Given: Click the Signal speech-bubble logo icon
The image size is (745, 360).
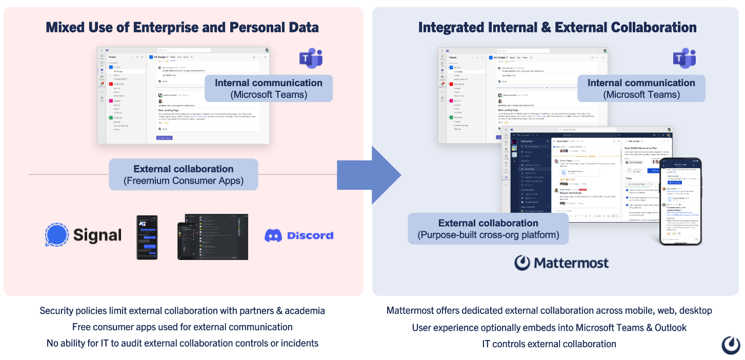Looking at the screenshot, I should pyautogui.click(x=57, y=235).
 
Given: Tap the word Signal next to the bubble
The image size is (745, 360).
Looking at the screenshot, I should pyautogui.click(x=97, y=235).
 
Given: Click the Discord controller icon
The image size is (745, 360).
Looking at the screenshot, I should pyautogui.click(x=273, y=235).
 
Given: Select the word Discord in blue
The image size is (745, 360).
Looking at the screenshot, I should pyautogui.click(x=310, y=235).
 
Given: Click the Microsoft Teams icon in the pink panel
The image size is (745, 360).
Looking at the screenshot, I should pyautogui.click(x=311, y=59).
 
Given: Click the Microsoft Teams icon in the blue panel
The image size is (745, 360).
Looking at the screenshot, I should pyautogui.click(x=684, y=59).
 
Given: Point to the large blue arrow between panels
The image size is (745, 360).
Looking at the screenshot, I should pyautogui.click(x=371, y=175).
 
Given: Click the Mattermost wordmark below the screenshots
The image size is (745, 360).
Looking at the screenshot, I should pyautogui.click(x=571, y=263).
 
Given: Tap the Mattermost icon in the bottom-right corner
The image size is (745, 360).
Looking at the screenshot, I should pyautogui.click(x=731, y=345).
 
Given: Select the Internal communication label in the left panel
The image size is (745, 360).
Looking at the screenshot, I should pyautogui.click(x=268, y=88).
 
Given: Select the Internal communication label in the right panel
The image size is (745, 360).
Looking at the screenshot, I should pyautogui.click(x=641, y=88).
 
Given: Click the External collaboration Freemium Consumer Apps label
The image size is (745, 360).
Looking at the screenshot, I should pyautogui.click(x=183, y=174).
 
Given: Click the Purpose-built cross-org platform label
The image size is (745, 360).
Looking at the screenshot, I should pyautogui.click(x=488, y=229).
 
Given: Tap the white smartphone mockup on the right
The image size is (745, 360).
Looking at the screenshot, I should pyautogui.click(x=680, y=201).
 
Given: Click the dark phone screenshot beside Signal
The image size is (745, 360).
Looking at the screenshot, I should pyautogui.click(x=147, y=237).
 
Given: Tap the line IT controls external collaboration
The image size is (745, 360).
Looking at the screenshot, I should pyautogui.click(x=549, y=344).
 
